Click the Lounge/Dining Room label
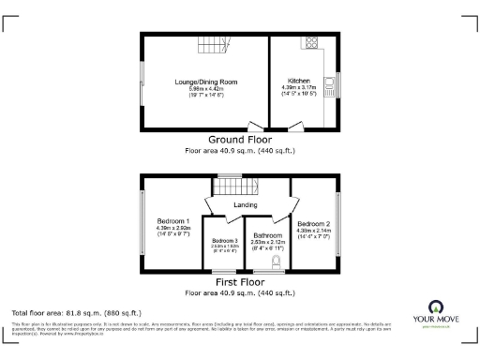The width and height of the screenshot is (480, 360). click(x=205, y=82)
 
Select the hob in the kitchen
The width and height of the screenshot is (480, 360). click(x=309, y=43)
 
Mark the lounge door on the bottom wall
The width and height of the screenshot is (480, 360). click(x=254, y=127)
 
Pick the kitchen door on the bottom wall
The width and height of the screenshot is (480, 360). click(x=295, y=127)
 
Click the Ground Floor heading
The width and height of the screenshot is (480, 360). click(x=239, y=141)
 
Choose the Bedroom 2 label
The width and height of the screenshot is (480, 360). click(x=313, y=224)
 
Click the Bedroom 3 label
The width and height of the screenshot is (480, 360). click(x=223, y=242)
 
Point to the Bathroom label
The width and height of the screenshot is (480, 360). click(x=267, y=235)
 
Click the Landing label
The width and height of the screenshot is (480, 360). click(x=246, y=204)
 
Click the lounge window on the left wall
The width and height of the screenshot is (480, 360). click(x=142, y=84)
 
